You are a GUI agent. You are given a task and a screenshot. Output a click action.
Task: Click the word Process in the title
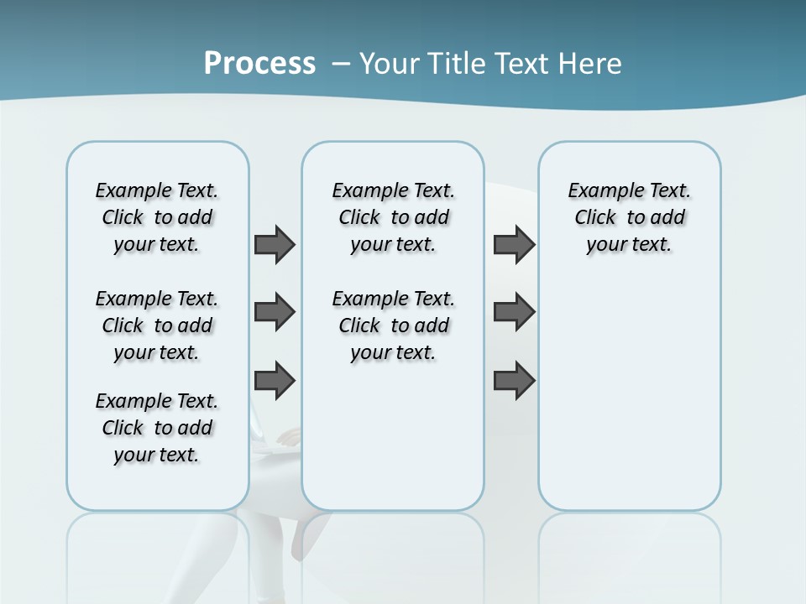click(x=259, y=63)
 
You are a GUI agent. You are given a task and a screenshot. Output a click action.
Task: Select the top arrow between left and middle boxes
click(x=275, y=244)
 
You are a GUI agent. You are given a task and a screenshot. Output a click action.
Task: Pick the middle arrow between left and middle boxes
click(x=275, y=312)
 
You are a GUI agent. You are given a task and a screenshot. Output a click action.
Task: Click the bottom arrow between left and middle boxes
click(x=275, y=380)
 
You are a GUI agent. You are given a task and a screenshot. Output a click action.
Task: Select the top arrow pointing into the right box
click(x=514, y=244)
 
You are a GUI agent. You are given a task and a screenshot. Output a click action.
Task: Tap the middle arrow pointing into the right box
click(x=514, y=312)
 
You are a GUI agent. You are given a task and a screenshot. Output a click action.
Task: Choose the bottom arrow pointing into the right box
click(x=514, y=380)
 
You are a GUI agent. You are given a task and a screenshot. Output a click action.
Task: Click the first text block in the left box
click(x=157, y=217)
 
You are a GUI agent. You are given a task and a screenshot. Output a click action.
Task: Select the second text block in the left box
click(x=157, y=325)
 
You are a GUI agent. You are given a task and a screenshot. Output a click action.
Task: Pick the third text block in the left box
click(x=157, y=428)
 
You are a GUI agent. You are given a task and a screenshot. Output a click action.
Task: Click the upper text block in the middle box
click(x=393, y=217)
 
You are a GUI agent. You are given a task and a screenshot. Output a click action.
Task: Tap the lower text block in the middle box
click(x=393, y=325)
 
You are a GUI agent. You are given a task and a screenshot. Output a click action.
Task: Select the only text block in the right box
click(x=630, y=217)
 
